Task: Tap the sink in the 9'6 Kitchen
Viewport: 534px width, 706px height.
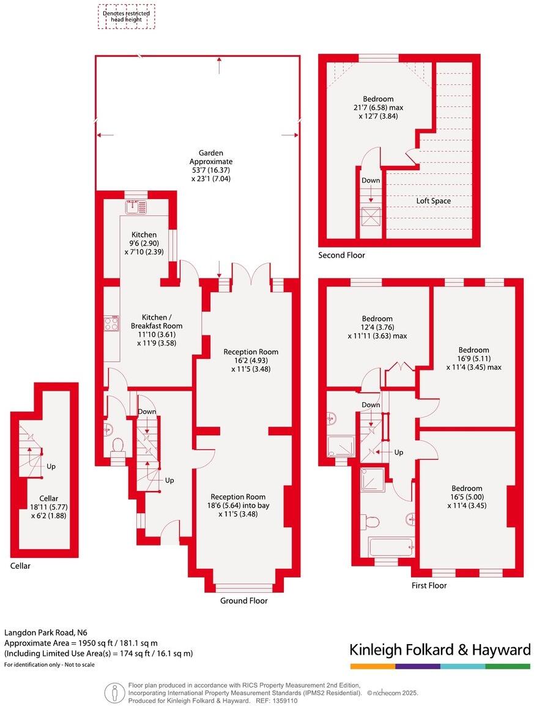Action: (135, 206)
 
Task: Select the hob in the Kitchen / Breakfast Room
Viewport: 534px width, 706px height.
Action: (111, 323)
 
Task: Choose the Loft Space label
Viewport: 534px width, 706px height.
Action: (434, 201)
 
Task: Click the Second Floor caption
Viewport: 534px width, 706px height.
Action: (341, 255)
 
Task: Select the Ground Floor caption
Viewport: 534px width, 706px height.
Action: (243, 601)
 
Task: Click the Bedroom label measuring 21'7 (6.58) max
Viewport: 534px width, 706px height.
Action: (378, 99)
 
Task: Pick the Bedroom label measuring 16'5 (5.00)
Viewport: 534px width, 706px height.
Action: (467, 489)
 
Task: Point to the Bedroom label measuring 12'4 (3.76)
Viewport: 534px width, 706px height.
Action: (377, 319)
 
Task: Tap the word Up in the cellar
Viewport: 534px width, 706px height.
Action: (51, 467)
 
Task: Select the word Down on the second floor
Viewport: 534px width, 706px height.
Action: (371, 181)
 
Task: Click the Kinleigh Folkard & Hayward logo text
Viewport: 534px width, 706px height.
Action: (439, 650)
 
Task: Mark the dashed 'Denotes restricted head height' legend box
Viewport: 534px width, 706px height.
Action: (127, 17)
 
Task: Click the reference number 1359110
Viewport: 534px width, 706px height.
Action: (285, 700)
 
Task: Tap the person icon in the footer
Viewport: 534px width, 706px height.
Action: (114, 693)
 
